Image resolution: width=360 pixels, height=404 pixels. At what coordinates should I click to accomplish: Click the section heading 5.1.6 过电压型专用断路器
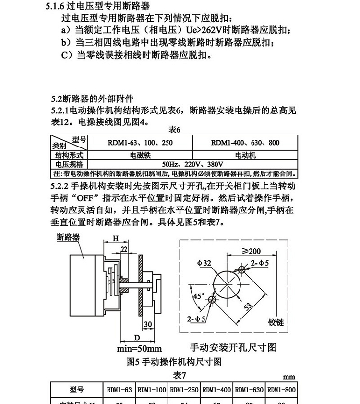(96, 6)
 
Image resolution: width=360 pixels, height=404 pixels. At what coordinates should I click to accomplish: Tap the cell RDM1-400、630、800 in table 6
(245, 143)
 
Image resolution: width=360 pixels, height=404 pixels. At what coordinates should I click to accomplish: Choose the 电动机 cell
(245, 156)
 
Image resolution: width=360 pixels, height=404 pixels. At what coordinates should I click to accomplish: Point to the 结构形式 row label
(69, 156)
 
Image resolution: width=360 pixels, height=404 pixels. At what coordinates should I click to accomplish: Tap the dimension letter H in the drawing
(115, 238)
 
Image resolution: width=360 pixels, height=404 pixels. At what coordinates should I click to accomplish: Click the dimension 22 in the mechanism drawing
(124, 249)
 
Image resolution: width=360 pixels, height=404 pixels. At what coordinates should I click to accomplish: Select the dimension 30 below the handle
(148, 324)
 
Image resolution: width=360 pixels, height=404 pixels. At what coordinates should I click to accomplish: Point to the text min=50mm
(139, 348)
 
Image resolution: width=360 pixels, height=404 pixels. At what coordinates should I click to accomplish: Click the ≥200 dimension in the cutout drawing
(251, 251)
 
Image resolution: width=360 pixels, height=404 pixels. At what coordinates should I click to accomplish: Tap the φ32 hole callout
(204, 263)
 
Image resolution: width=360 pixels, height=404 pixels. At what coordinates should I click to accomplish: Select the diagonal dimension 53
(248, 307)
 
